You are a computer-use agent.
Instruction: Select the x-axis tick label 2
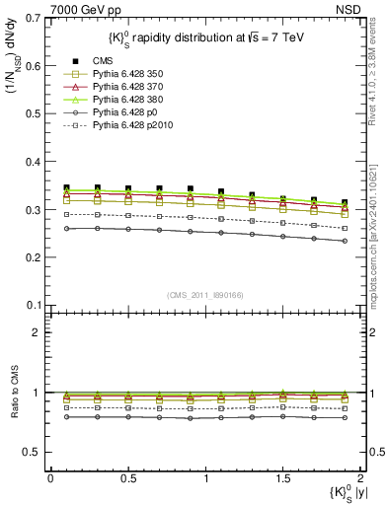[x=361, y=478]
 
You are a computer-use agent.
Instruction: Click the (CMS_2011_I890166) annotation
[x=205, y=295]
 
